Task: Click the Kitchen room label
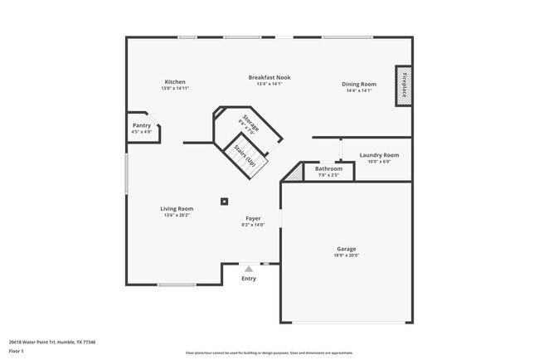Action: point(175,82)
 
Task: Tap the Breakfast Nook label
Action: point(269,77)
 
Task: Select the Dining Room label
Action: point(359,84)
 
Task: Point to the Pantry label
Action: point(142,125)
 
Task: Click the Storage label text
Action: point(250,124)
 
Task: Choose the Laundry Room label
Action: point(379,155)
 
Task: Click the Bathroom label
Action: point(328,168)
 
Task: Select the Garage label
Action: point(346,249)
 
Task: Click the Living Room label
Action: point(177,208)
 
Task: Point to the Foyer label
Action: point(253,218)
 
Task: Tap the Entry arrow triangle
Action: point(248,269)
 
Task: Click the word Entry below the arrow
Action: point(249,279)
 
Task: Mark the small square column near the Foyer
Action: point(224,200)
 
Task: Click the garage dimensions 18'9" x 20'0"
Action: point(346,255)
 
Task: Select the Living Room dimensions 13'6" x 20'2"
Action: point(177,215)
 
